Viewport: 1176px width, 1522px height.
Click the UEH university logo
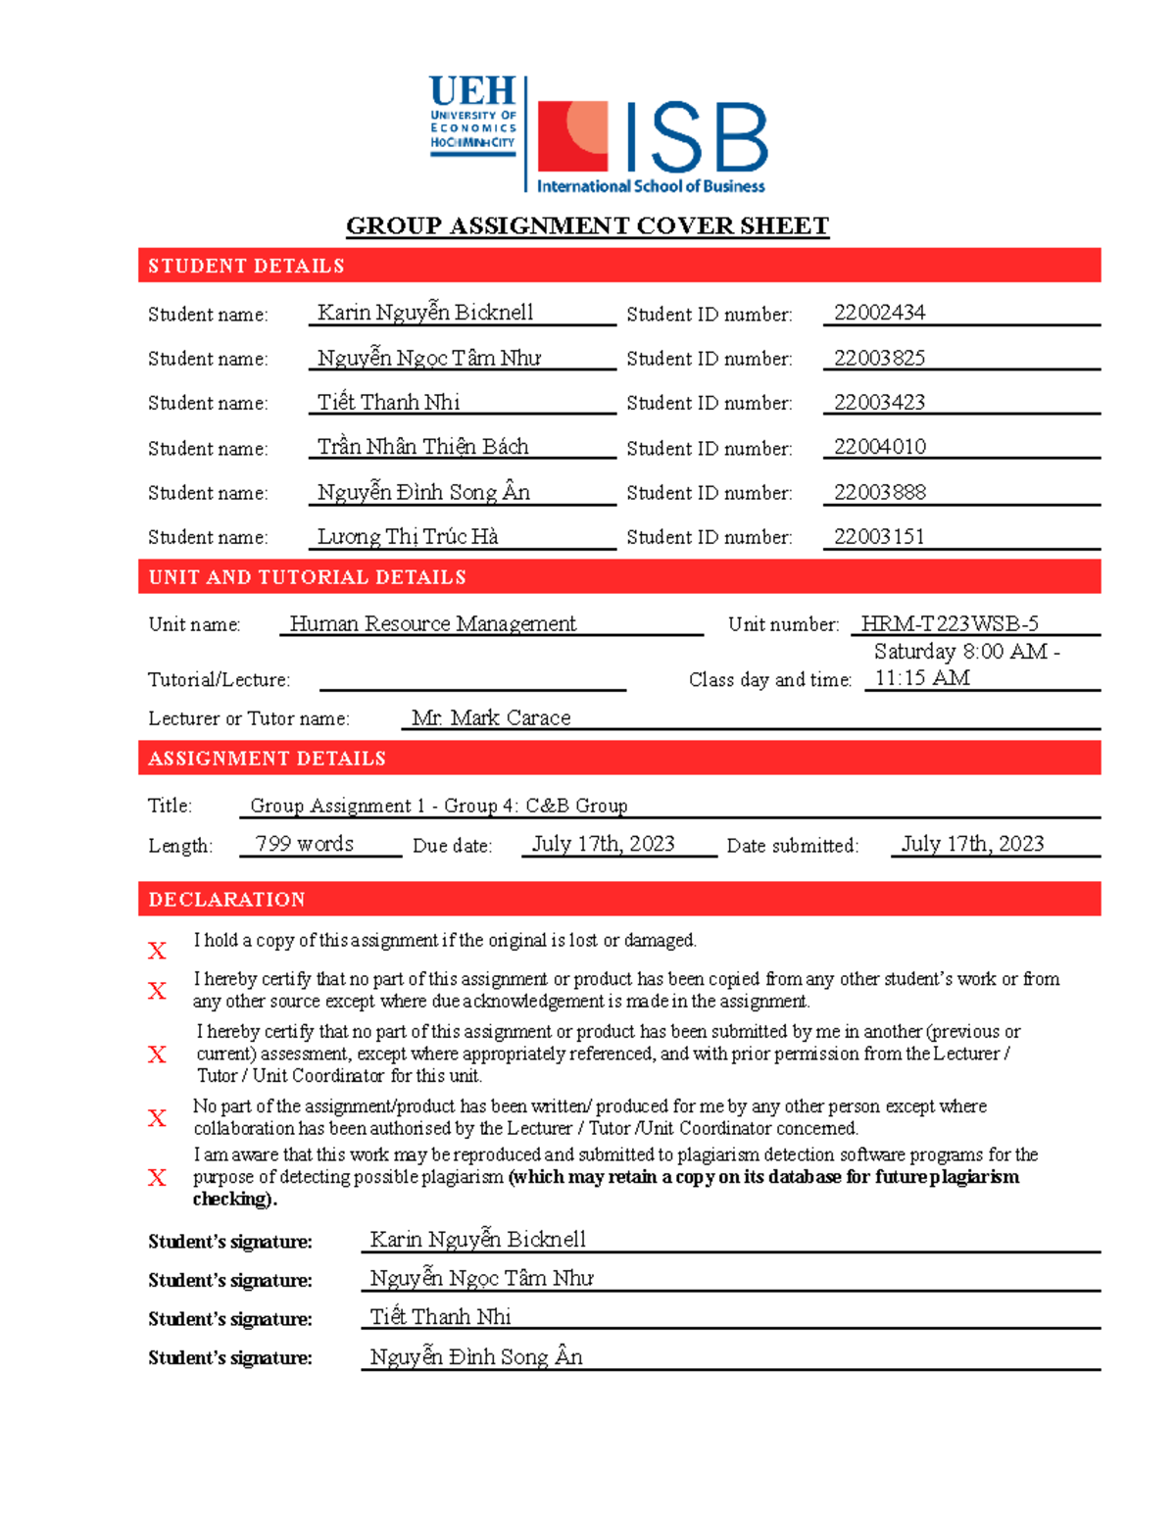tap(472, 116)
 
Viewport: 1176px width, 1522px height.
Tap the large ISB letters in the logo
tap(694, 138)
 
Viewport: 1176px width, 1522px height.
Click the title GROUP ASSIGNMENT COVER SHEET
tap(587, 226)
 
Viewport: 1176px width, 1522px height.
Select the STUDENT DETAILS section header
tap(246, 266)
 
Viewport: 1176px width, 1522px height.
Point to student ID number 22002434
tap(879, 313)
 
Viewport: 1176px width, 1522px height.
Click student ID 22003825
tap(879, 358)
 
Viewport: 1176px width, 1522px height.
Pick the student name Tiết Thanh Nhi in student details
tap(388, 402)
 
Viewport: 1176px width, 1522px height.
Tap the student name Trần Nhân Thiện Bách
tap(422, 447)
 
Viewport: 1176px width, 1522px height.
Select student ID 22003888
tap(879, 492)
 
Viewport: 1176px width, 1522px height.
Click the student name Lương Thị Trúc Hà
tap(408, 536)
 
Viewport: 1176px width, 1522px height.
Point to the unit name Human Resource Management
tap(432, 623)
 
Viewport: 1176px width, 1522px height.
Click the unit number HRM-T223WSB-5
tap(949, 623)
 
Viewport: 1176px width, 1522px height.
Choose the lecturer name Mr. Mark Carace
tap(491, 717)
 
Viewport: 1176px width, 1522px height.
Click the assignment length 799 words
tap(304, 844)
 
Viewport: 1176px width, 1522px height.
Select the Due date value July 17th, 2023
tap(603, 844)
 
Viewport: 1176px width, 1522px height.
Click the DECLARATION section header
tap(226, 899)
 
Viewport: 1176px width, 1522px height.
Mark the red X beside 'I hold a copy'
tap(157, 950)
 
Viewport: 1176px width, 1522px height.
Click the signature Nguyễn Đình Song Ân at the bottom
tap(476, 1356)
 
